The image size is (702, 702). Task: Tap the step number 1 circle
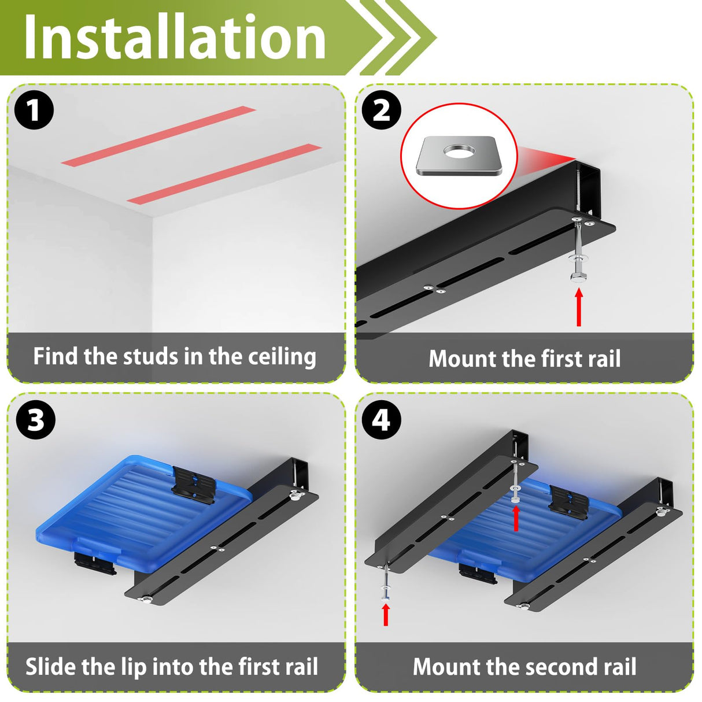(34, 110)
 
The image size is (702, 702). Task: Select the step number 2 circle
(382, 110)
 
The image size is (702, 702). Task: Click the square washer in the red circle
(459, 156)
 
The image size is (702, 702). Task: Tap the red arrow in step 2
(578, 306)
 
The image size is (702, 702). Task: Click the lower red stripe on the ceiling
(224, 174)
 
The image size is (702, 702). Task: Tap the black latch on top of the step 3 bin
(193, 485)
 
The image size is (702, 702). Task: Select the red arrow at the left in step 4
(386, 615)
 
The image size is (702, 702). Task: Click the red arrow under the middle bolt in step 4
(516, 518)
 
